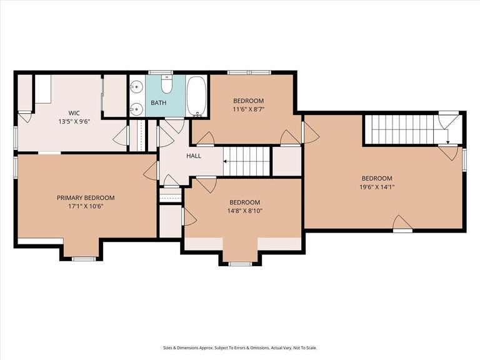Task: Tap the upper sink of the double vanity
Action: pos(137,87)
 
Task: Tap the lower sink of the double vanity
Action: pos(137,109)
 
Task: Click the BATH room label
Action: pos(158,102)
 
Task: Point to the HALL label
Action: pos(193,156)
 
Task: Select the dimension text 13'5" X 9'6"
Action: pos(74,122)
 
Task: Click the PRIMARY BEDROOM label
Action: pos(86,197)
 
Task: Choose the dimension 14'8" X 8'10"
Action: pos(244,211)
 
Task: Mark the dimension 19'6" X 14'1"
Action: pos(377,186)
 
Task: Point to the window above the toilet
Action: pos(164,73)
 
